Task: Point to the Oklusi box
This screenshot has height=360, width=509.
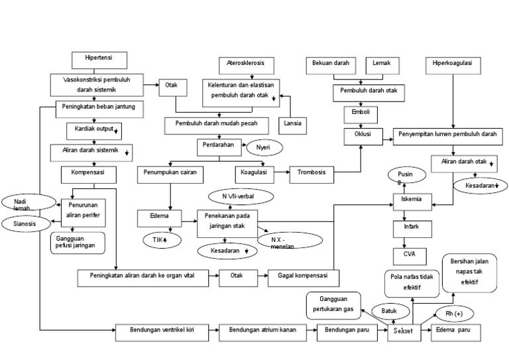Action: (363, 135)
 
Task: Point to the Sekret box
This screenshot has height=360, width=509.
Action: (404, 333)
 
